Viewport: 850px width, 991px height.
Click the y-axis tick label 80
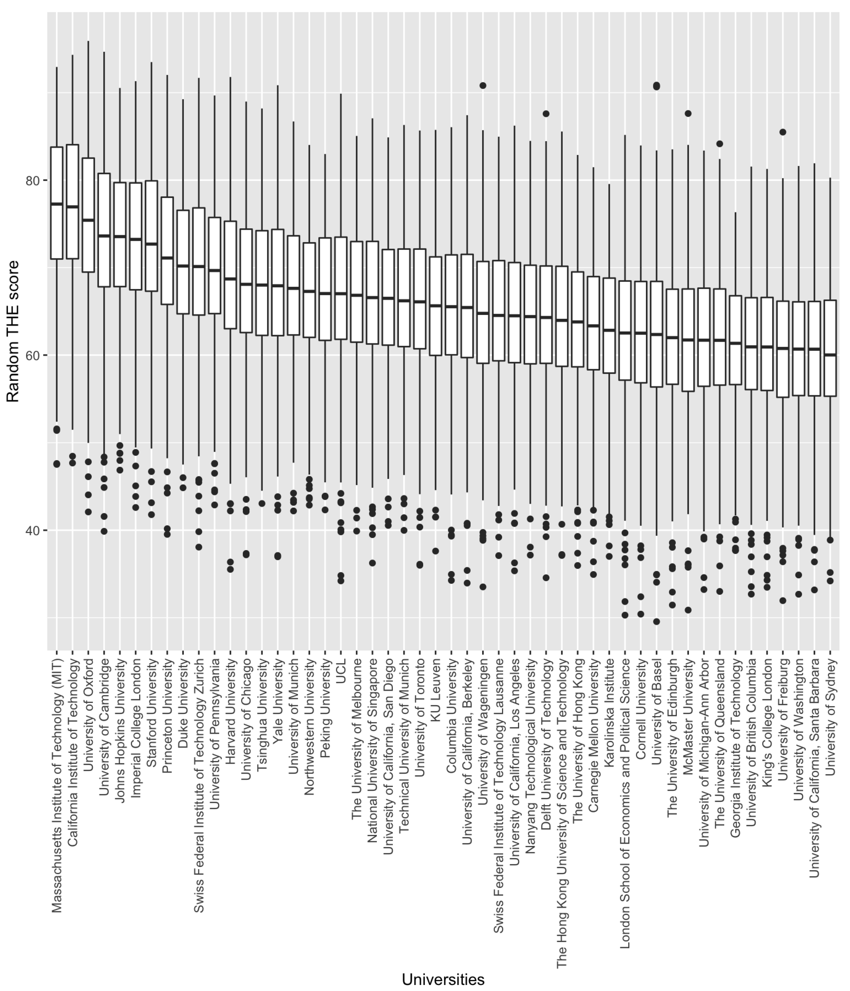click(34, 180)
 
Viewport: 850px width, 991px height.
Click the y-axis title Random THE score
click(13, 332)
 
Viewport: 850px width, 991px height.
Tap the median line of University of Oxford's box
click(88, 220)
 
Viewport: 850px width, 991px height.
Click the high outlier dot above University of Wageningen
click(483, 86)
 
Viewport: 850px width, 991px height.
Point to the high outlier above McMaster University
click(688, 113)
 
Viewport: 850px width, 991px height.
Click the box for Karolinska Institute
click(609, 325)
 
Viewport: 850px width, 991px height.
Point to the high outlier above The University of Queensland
click(720, 144)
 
